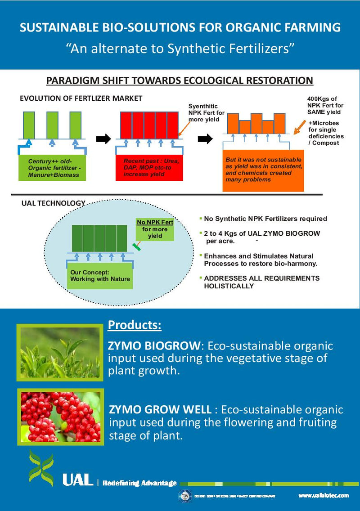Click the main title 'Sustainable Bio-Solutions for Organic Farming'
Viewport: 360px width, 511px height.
[x=180, y=28]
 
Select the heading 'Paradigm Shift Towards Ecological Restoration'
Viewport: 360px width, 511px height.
[x=180, y=81]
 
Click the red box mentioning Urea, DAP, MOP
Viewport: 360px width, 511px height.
[x=149, y=168]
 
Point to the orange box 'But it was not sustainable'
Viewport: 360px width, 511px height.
[x=263, y=170]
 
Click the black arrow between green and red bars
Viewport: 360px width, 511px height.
[x=103, y=139]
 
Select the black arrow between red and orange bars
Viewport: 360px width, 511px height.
[x=206, y=139]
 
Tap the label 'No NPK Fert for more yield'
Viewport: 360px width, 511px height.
[x=155, y=229]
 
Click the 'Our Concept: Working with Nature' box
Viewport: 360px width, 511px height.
[x=100, y=276]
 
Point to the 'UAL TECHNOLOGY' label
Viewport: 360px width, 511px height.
[x=53, y=203]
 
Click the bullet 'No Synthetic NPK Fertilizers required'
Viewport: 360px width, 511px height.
[x=265, y=219]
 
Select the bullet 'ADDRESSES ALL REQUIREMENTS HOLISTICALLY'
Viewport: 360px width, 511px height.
[x=261, y=282]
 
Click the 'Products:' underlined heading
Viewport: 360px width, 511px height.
[x=135, y=325]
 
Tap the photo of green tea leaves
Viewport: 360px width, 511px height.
[x=60, y=352]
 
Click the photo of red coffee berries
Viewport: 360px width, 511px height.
[x=60, y=417]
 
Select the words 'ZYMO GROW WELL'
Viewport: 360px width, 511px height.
[x=160, y=410]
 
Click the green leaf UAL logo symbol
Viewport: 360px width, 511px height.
[x=41, y=468]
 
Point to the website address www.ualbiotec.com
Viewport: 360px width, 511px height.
[x=323, y=495]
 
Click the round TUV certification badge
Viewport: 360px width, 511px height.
[x=184, y=495]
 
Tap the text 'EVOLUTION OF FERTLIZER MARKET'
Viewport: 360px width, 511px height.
[x=81, y=98]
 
